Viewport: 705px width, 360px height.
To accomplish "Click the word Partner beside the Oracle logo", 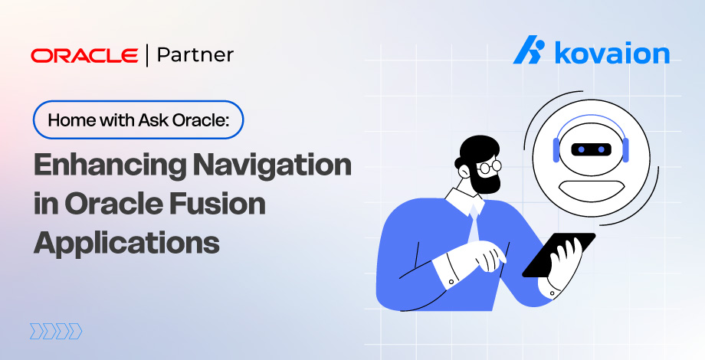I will (x=195, y=54).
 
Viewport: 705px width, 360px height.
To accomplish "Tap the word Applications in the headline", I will (x=126, y=242).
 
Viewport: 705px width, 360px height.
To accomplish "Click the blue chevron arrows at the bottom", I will (x=55, y=331).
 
